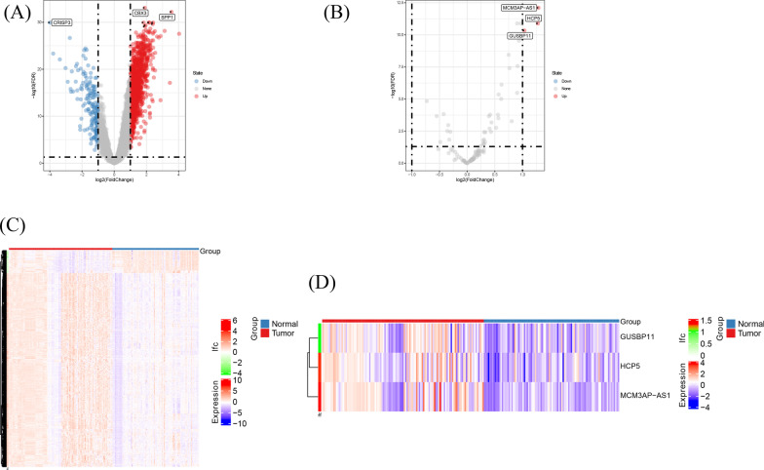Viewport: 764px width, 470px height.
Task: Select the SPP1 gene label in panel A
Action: click(167, 17)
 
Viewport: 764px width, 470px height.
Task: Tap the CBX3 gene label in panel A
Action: click(140, 13)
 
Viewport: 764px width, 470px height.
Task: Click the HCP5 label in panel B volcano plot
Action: click(533, 18)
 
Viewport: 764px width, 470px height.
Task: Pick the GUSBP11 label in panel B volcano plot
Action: click(519, 36)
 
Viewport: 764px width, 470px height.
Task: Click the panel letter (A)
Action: click(16, 10)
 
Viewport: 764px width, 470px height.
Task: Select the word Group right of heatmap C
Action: click(210, 252)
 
